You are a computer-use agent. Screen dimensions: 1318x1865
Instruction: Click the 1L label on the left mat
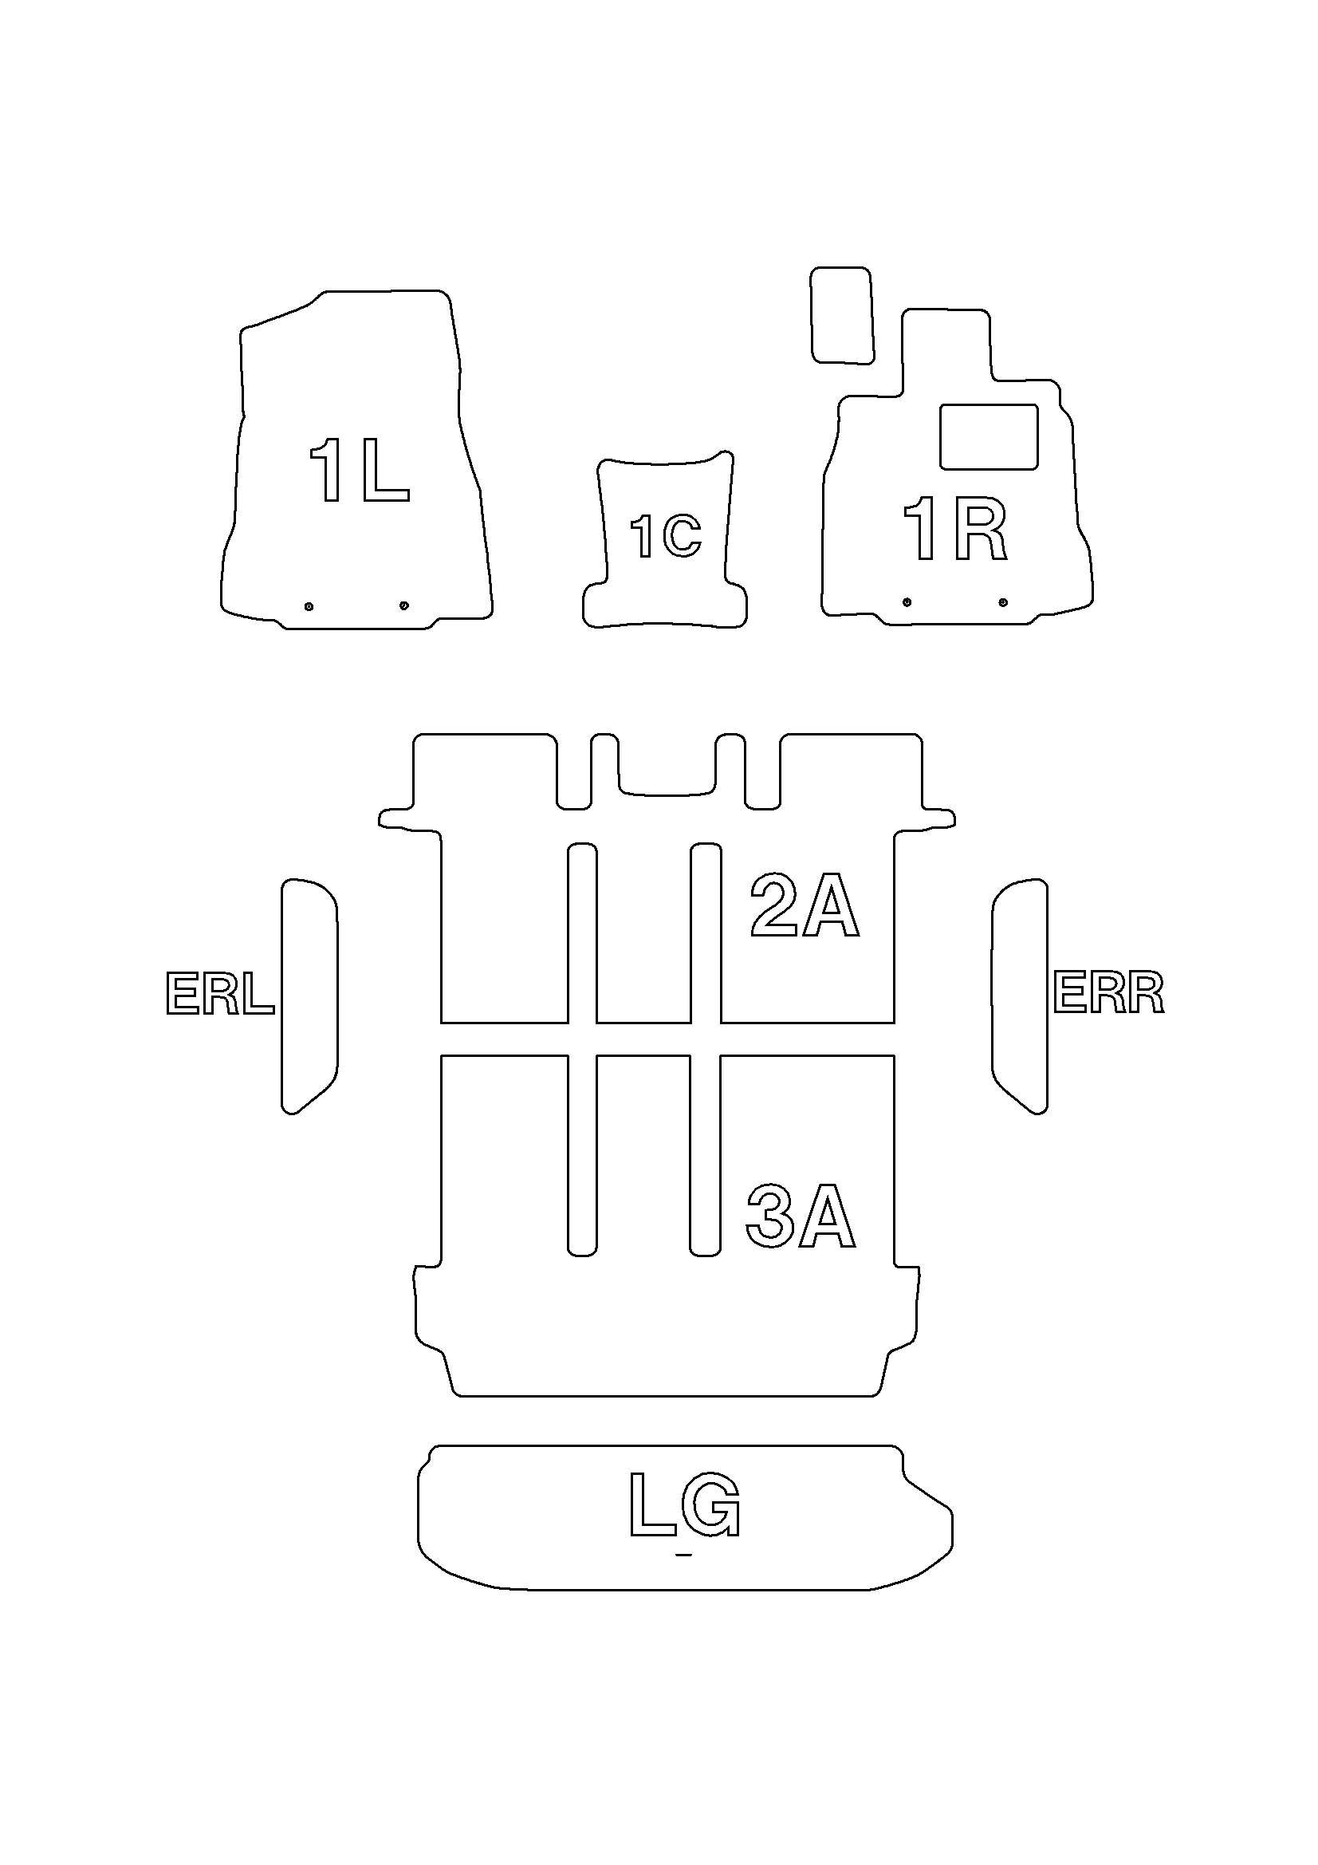359,471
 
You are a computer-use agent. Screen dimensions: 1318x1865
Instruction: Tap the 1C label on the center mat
666,537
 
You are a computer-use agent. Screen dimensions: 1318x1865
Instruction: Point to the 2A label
804,905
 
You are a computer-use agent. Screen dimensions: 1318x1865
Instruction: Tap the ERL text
220,994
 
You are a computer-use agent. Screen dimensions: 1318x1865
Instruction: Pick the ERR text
1108,993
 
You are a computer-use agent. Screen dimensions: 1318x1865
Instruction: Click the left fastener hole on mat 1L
309,606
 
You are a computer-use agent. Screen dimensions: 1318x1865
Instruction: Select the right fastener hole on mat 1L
404,605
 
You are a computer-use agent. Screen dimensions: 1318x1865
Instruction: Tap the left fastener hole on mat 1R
907,602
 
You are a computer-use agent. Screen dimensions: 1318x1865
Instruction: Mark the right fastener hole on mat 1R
1003,602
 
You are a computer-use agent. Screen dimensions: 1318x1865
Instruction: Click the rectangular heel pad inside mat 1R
988,436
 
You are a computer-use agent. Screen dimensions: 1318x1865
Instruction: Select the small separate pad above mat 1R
842,314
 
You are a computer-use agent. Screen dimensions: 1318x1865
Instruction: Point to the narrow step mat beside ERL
309,996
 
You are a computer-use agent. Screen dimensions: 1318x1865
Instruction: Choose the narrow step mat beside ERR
1019,996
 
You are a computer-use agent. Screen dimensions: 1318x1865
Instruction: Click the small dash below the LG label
684,1555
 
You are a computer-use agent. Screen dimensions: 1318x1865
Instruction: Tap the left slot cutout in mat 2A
581,933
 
